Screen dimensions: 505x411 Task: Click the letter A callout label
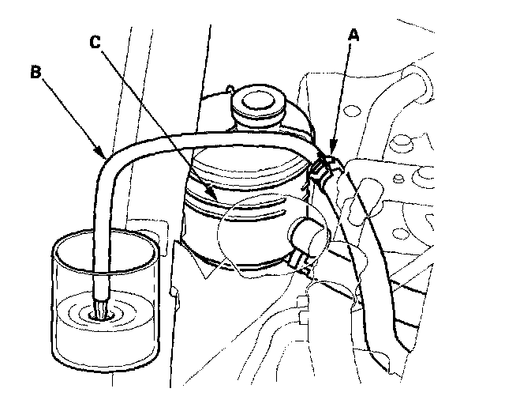click(x=353, y=35)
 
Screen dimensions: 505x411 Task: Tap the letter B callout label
click(x=36, y=72)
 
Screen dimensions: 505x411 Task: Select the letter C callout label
click(x=95, y=42)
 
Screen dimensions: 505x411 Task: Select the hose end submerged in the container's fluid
click(x=101, y=309)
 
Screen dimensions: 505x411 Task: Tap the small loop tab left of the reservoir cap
click(x=230, y=89)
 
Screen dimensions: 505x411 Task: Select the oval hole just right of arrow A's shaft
click(x=352, y=111)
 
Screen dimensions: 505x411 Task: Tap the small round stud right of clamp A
click(x=399, y=179)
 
